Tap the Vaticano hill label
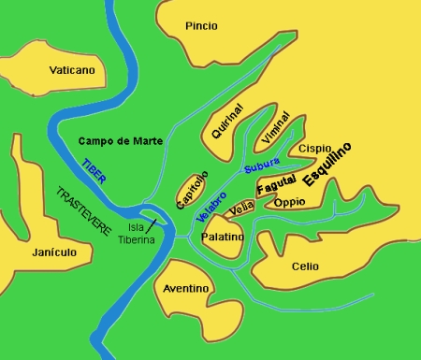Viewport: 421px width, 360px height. click(x=72, y=70)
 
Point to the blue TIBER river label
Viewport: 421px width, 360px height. click(x=94, y=169)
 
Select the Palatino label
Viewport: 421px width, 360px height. click(x=224, y=237)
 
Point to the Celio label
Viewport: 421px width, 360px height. click(x=305, y=266)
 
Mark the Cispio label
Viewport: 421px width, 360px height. click(x=315, y=148)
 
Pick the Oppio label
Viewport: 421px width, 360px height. click(x=290, y=202)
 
